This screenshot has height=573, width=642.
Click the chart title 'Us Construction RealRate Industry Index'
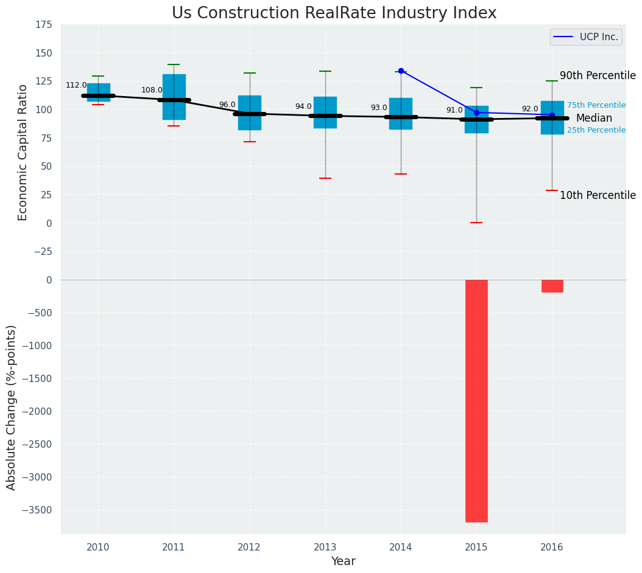pyautogui.click(x=334, y=13)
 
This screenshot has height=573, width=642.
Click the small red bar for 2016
pyautogui.click(x=552, y=286)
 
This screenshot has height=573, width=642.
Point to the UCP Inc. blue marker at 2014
pyautogui.click(x=401, y=71)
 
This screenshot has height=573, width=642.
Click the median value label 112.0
pyautogui.click(x=76, y=86)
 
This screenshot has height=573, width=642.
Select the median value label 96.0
pyautogui.click(x=227, y=105)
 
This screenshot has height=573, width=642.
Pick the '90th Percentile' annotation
pyautogui.click(x=597, y=76)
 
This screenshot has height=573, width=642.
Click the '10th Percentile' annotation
pyautogui.click(x=597, y=195)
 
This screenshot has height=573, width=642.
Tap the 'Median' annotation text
pyautogui.click(x=594, y=119)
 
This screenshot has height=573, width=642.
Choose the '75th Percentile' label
pyautogui.click(x=596, y=105)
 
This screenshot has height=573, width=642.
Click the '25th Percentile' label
pyautogui.click(x=596, y=130)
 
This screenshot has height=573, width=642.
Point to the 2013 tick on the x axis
pyautogui.click(x=325, y=547)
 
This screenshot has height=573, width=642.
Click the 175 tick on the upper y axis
pyautogui.click(x=43, y=25)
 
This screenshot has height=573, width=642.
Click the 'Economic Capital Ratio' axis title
pyautogui.click(x=23, y=152)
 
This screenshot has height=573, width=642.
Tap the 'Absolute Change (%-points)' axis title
pyautogui.click(x=12, y=407)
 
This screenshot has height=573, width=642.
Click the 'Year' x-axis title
pyautogui.click(x=344, y=561)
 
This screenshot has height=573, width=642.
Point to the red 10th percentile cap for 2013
pyautogui.click(x=325, y=178)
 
